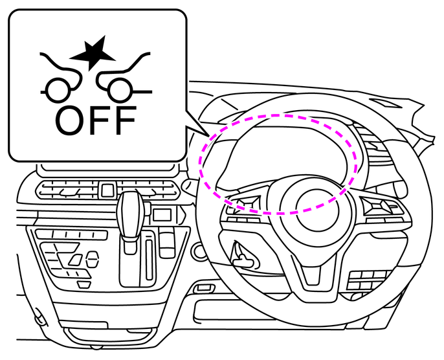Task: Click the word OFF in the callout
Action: [x=96, y=120]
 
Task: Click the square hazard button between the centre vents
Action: [x=107, y=191]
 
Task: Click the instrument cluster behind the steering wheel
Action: [x=285, y=155]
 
